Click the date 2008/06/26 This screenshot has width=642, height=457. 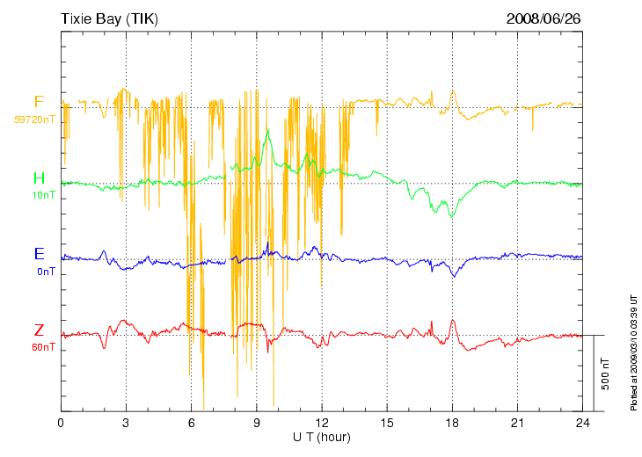[x=544, y=18]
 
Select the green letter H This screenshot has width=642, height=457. [x=39, y=178]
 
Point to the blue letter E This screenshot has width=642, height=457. [x=39, y=254]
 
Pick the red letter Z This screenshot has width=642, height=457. [x=39, y=330]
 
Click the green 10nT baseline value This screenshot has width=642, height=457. [x=43, y=195]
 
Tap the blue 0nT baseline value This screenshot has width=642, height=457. [x=46, y=272]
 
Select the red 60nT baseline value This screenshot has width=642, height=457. [x=43, y=347]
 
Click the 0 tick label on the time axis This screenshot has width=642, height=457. [x=61, y=423]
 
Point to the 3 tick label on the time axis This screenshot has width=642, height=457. [x=126, y=423]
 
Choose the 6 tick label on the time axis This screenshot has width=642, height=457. [x=191, y=423]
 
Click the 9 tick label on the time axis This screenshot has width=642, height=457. [x=256, y=423]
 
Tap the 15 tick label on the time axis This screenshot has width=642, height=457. [x=387, y=423]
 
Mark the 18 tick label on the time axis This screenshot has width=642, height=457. [x=452, y=423]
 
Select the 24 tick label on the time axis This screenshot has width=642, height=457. [x=583, y=423]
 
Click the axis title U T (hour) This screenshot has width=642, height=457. [x=322, y=437]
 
